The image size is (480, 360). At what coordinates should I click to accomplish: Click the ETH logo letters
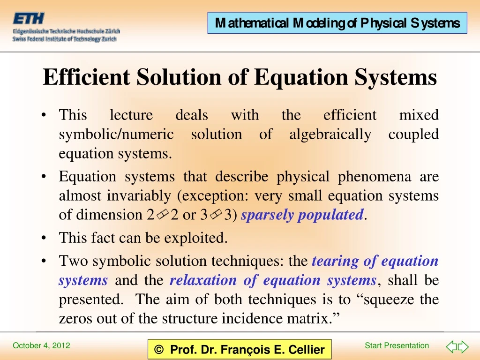(29, 19)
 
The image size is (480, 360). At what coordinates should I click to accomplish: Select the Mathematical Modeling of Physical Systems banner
(337, 23)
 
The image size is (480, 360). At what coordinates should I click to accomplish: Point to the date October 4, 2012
(41, 346)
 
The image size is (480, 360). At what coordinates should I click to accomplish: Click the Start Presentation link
(397, 346)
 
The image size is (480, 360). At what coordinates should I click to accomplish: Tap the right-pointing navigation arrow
(463, 347)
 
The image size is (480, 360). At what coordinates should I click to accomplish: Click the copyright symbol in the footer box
(159, 350)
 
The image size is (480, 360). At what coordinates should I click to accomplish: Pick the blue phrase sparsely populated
(302, 215)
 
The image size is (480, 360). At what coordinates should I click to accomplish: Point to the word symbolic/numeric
(116, 135)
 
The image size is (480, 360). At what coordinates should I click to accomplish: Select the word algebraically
(330, 135)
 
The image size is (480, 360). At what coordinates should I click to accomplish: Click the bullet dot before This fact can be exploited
(44, 239)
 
